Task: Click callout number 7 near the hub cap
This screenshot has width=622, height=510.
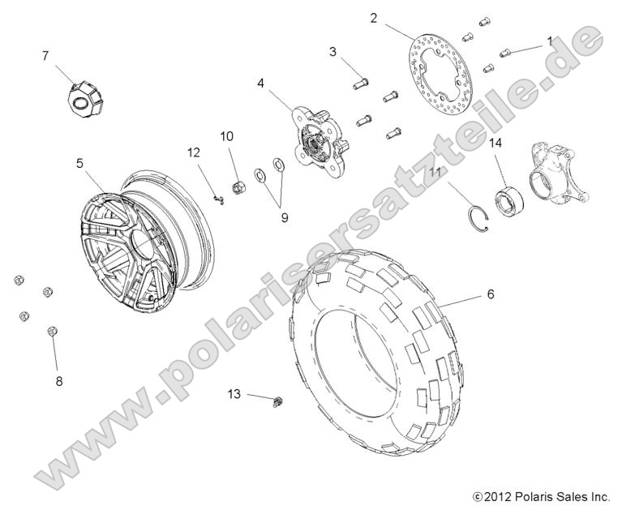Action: click(45, 55)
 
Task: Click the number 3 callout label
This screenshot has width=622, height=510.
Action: click(332, 52)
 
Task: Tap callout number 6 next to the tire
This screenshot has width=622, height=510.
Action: click(491, 295)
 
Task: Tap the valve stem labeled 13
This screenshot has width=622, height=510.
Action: click(279, 400)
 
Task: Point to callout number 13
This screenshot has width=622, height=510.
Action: click(234, 393)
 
